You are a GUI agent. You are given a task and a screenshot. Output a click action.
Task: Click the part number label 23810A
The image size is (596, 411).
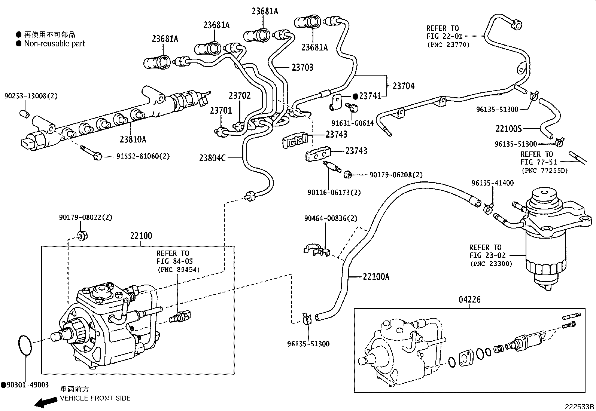(133, 139)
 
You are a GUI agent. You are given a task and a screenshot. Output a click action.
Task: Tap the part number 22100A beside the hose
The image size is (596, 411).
(376, 277)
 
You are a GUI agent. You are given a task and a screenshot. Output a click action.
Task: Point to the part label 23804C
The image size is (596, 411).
(212, 158)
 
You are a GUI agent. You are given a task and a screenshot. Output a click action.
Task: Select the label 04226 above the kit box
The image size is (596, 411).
(469, 300)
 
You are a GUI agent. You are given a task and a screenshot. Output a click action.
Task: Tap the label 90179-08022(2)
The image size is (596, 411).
(85, 217)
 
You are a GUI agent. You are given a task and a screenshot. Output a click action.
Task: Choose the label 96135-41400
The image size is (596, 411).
(493, 183)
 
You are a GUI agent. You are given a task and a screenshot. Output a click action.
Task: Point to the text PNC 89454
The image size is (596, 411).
(178, 269)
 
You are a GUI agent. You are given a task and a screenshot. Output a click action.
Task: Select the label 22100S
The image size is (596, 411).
(508, 129)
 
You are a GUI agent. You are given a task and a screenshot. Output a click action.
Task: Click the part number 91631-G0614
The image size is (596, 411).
(352, 123)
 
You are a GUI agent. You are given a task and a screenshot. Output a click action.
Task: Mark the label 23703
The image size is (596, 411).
(302, 67)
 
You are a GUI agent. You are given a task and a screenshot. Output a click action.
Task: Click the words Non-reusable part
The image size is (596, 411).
(54, 43)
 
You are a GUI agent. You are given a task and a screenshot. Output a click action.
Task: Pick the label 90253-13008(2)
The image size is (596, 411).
(31, 96)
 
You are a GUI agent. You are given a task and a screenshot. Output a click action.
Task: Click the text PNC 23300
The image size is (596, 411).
(491, 264)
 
